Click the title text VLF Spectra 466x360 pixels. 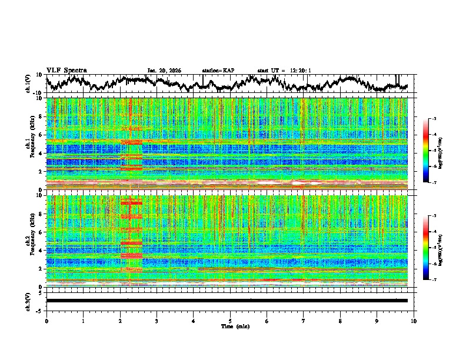pyautogui.click(x=66, y=70)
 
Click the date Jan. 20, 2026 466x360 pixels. pyautogui.click(x=164, y=71)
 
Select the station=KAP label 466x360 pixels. pyautogui.click(x=218, y=71)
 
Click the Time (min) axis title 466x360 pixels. pyautogui.click(x=230, y=326)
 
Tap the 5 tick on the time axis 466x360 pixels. pyautogui.click(x=230, y=321)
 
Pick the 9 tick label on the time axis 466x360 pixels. pyautogui.click(x=377, y=321)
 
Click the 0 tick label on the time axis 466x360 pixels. pyautogui.click(x=46, y=321)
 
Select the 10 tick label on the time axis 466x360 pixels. pyautogui.click(x=414, y=321)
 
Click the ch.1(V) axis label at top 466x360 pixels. pyautogui.click(x=28, y=84)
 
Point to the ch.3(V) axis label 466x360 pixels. pyautogui.click(x=28, y=301)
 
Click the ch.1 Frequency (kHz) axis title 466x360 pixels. pyautogui.click(x=31, y=144)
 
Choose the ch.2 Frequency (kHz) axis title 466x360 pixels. pyautogui.click(x=31, y=241)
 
